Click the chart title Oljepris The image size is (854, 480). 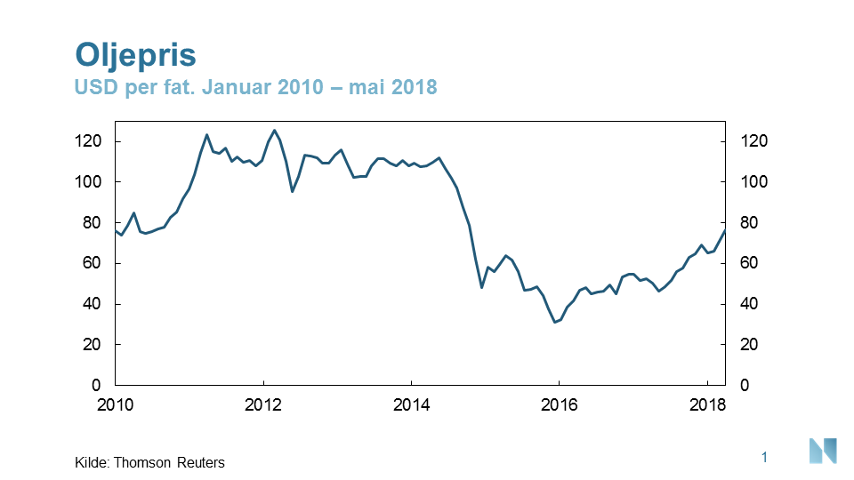136,54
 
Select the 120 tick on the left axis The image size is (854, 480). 90,141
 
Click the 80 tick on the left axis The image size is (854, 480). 93,223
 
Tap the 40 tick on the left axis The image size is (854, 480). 93,304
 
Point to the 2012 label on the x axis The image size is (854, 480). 262,405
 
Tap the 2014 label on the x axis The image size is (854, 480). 410,405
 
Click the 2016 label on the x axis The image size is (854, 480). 558,405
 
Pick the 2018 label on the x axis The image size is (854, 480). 705,405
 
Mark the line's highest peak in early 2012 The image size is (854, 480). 274,131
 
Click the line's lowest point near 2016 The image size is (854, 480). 555,322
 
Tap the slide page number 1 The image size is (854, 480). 764,457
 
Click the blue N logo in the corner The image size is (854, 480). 823,451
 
